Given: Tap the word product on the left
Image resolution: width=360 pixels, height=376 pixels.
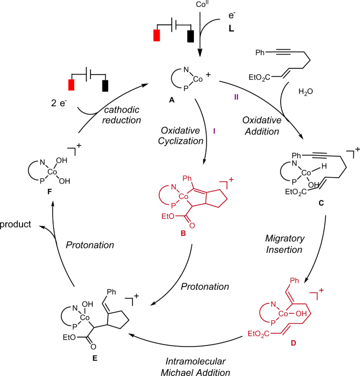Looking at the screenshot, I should click(x=15, y=224).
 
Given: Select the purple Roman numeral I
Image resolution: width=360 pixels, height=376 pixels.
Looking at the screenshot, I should click(x=214, y=129).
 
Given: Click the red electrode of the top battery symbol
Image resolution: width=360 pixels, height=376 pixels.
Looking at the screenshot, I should click(x=157, y=35).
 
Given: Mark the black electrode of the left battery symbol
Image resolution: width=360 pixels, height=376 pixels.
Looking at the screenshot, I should click(x=105, y=86).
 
